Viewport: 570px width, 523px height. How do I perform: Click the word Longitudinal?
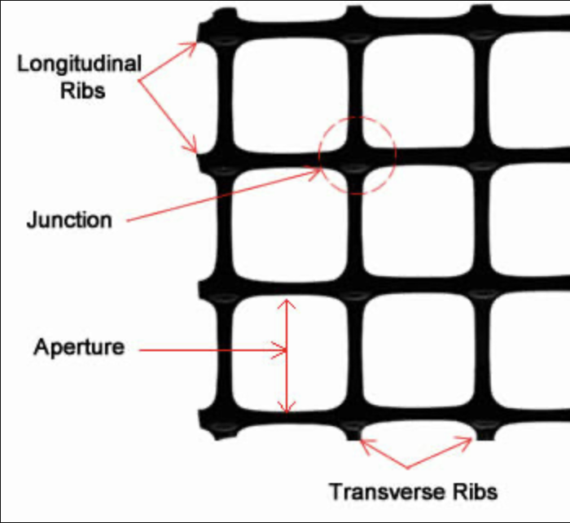tap(80, 64)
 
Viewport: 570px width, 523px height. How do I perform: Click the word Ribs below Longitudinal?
tap(82, 90)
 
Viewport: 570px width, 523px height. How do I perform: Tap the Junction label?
tap(68, 220)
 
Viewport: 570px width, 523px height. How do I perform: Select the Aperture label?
tap(79, 347)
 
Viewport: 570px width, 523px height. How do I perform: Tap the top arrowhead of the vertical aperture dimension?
tap(286, 302)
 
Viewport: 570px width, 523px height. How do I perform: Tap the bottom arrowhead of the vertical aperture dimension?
tap(286, 407)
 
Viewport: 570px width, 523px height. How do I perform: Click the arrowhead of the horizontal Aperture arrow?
tap(282, 351)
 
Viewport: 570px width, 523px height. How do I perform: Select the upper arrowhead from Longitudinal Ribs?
tap(192, 44)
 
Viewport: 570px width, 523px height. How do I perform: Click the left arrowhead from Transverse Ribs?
tap(364, 443)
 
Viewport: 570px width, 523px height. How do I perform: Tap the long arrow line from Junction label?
tap(220, 196)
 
